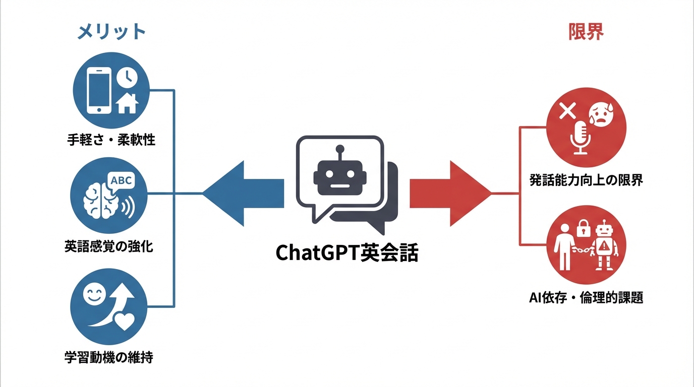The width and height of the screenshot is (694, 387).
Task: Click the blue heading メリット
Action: pyautogui.click(x=111, y=32)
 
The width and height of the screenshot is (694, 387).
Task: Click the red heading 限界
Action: pyautogui.click(x=586, y=32)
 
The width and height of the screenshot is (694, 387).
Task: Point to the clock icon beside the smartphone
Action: pyautogui.click(x=127, y=77)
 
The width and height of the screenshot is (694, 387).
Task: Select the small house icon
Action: pyautogui.click(x=127, y=103)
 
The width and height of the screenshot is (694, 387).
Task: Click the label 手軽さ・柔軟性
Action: pyautogui.click(x=111, y=140)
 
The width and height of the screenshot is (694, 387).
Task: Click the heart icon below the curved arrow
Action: pyautogui.click(x=123, y=321)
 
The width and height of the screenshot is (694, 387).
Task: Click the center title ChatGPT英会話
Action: pyautogui.click(x=347, y=253)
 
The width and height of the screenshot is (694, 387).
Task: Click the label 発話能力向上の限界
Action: pyautogui.click(x=586, y=179)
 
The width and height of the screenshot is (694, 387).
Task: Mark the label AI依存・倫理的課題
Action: pyautogui.click(x=586, y=297)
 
